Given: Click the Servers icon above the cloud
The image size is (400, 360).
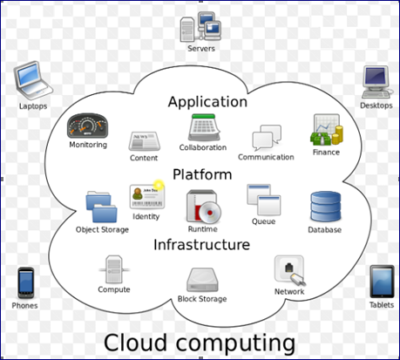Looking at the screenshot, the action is pyautogui.click(x=200, y=27).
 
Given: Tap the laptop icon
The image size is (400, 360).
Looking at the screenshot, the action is pyautogui.click(x=33, y=79).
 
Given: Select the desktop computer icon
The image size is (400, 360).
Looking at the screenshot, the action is pyautogui.click(x=376, y=82).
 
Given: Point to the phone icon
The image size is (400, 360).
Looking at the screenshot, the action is pyautogui.click(x=26, y=282).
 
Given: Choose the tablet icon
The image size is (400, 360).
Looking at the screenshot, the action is pyautogui.click(x=382, y=282).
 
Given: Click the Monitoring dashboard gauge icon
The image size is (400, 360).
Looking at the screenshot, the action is pyautogui.click(x=87, y=126).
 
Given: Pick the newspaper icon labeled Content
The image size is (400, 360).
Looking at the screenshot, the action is pyautogui.click(x=145, y=141).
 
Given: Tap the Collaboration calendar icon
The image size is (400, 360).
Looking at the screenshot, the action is pyautogui.click(x=204, y=127).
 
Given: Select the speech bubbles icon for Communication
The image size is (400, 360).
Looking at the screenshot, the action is pyautogui.click(x=267, y=138).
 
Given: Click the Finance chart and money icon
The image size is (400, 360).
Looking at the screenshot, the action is pyautogui.click(x=327, y=130).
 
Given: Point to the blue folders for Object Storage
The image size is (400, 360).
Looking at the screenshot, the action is pyautogui.click(x=102, y=207).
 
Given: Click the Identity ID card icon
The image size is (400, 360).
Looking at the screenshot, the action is pyautogui.click(x=147, y=197).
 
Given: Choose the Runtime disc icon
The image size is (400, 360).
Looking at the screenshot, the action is pyautogui.click(x=203, y=206).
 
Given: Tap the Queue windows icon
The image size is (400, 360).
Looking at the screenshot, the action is pyautogui.click(x=264, y=200).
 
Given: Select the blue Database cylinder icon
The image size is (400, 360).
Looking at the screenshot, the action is pyautogui.click(x=326, y=207).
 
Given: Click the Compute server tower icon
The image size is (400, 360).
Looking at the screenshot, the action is pyautogui.click(x=114, y=269).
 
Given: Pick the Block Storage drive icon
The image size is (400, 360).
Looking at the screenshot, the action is pyautogui.click(x=202, y=280).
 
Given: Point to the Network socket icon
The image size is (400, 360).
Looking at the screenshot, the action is pyautogui.click(x=290, y=270).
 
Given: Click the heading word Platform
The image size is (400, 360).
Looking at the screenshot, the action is pyautogui.click(x=202, y=175).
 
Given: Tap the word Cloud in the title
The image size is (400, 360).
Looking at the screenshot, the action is pyautogui.click(x=135, y=343).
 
